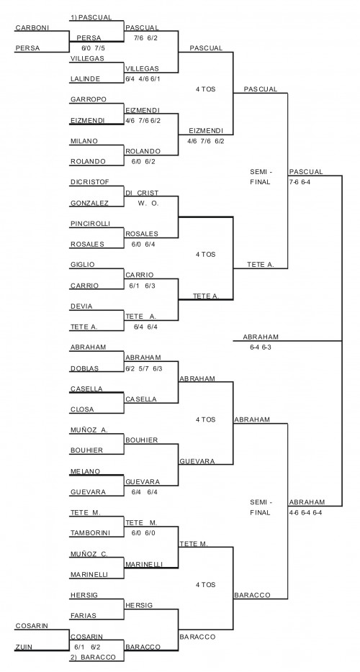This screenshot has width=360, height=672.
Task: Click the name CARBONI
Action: [32, 28]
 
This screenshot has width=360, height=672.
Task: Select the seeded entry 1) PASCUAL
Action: [91, 17]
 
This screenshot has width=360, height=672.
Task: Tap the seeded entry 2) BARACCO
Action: [93, 657]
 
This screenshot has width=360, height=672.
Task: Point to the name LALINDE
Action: [86, 79]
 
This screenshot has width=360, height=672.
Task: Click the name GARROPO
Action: [89, 99]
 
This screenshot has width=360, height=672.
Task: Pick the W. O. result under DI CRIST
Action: [148, 204]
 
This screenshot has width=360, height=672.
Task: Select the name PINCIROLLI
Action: [90, 224]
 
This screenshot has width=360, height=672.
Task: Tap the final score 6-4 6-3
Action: [261, 347]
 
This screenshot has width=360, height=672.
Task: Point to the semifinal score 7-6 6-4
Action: [303, 182]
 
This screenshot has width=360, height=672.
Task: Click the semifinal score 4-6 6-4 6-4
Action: [305, 512]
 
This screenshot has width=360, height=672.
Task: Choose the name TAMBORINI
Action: [90, 533]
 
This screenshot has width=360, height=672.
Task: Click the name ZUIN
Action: [24, 647]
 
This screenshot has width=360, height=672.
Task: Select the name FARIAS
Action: [84, 616]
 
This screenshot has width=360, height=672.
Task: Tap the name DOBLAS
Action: [84, 368]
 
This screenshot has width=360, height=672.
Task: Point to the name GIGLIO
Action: [82, 265]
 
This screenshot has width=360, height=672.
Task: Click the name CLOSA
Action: [82, 409]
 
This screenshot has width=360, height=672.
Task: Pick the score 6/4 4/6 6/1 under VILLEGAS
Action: [143, 79]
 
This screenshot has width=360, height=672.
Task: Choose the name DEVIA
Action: [81, 307]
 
